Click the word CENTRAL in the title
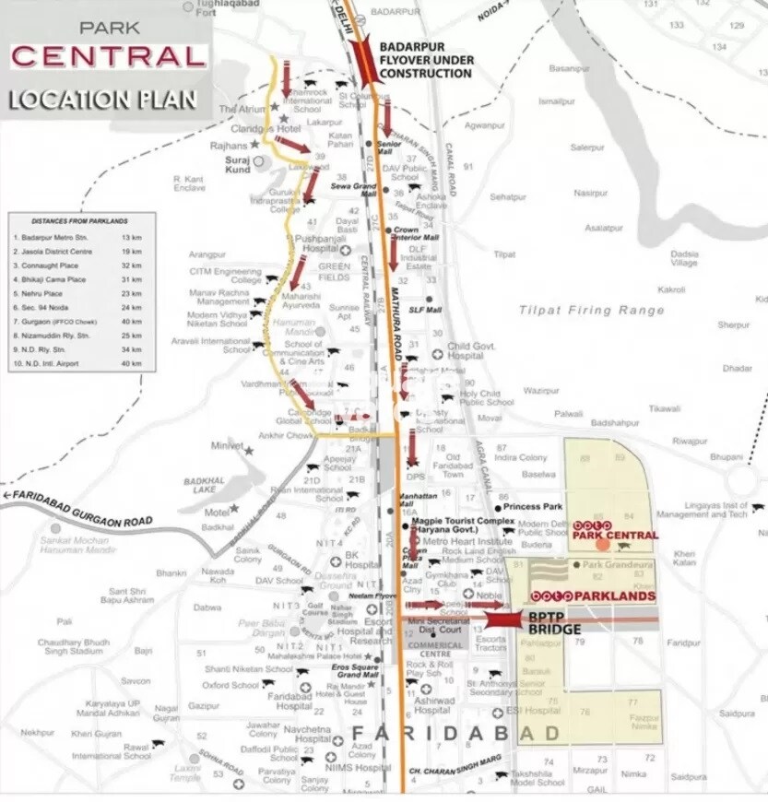click(109, 56)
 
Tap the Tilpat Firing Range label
click(591, 311)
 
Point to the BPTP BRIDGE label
click(553, 623)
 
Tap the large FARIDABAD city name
click(455, 734)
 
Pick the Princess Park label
click(539, 507)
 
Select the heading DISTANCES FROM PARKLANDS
click(79, 221)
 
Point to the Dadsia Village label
click(683, 258)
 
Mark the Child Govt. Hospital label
click(472, 351)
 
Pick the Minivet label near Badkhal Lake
click(226, 445)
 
